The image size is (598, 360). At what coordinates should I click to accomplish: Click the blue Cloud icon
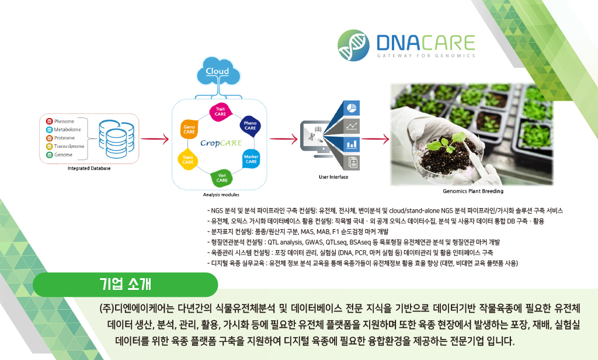pos(218,71)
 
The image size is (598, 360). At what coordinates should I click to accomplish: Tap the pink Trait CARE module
pos(220,112)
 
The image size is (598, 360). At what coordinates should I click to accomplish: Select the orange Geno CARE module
pos(189,129)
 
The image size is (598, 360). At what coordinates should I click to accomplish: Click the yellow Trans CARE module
pos(187,160)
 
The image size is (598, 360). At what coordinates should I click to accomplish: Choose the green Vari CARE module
pos(221,178)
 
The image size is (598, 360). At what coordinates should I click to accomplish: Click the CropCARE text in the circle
pos(221,143)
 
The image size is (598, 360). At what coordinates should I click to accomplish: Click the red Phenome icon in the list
pos(49,122)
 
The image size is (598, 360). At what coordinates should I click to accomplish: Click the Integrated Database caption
pos(89,168)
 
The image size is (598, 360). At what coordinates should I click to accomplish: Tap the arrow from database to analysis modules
pos(155,139)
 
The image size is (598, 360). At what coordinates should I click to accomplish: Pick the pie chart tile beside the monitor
pos(351,108)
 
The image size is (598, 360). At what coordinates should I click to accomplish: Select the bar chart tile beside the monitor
pos(351,144)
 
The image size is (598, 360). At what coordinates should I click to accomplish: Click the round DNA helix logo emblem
pos(353,46)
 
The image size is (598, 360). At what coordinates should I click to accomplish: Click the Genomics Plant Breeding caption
pos(473,191)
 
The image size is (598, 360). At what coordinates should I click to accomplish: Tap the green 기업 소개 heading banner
pos(126,285)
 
